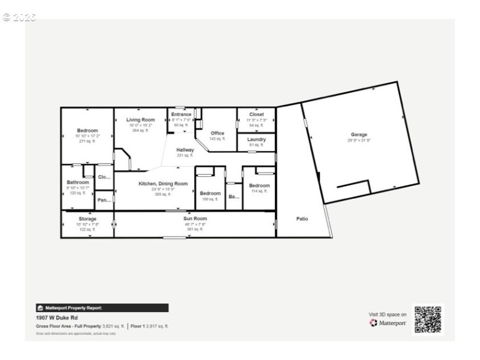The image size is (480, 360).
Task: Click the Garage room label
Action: pos(359,134)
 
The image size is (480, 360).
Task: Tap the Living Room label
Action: pos(140,120)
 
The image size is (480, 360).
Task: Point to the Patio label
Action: pos(302,218)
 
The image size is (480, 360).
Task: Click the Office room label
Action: pos(217,133)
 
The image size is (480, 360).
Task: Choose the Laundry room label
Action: pos(256,139)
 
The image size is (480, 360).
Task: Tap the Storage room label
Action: pos(87,219)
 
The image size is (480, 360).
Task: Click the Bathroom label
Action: pos(78,182)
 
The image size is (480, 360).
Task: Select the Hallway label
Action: pos(185,150)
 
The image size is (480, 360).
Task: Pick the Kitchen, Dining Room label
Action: pos(163,184)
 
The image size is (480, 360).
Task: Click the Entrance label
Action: pos(181,115)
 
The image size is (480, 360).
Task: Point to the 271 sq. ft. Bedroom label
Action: pos(87,130)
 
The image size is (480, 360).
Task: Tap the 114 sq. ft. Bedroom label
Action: pos(259,185)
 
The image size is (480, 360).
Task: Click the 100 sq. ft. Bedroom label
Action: pos(210,193)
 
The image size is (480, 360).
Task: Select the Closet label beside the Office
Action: pos(256,114)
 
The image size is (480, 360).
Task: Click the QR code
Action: pos(428,319)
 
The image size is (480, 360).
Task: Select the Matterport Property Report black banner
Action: pos(102,308)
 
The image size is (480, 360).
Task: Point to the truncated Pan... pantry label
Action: pos(104,200)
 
